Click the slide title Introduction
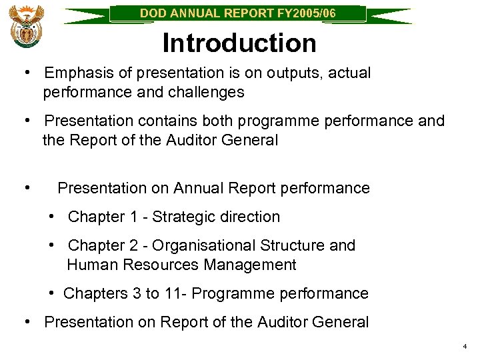tap(239, 43)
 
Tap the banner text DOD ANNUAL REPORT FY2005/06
tap(238, 13)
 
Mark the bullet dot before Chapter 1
tap(53, 217)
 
